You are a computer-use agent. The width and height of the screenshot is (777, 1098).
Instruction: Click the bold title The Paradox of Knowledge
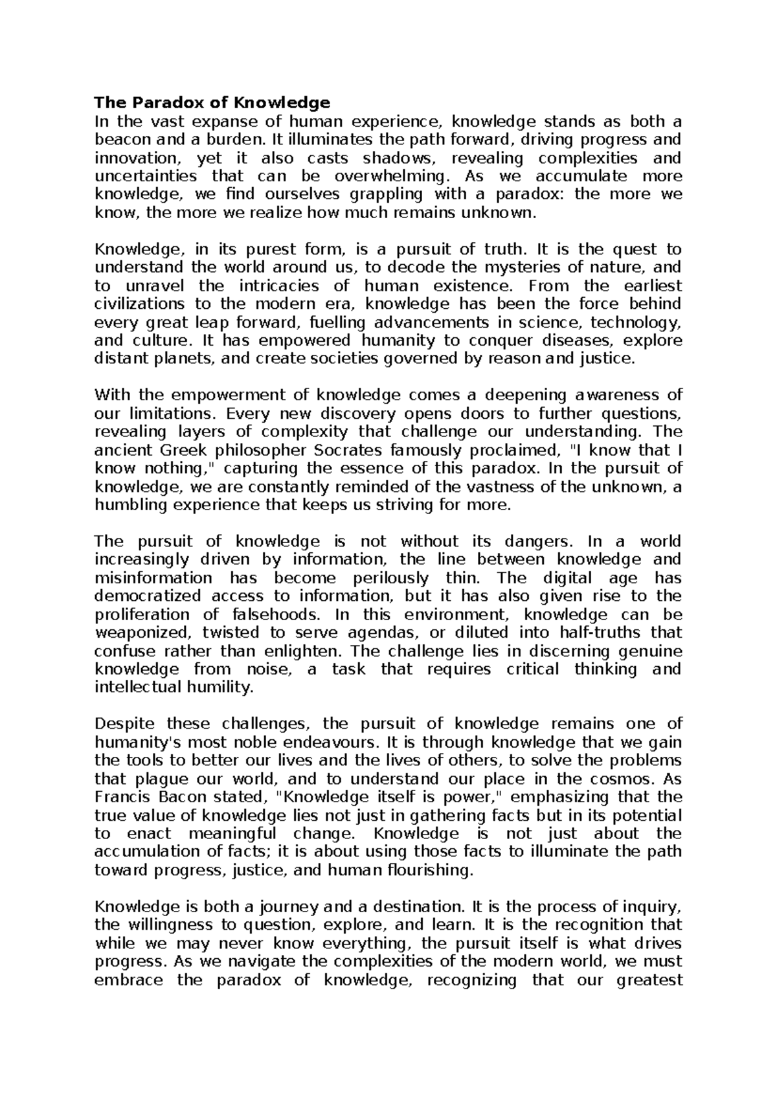[212, 102]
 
